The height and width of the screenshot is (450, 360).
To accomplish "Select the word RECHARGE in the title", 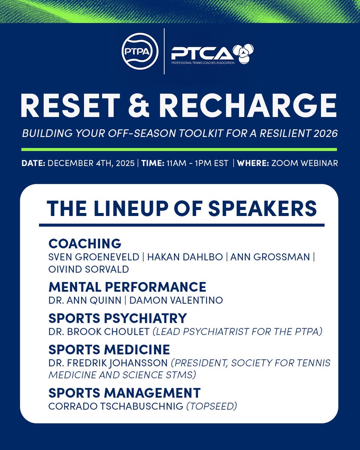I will tap(249, 106).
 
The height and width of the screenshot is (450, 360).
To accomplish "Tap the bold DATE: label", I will tap(34, 164).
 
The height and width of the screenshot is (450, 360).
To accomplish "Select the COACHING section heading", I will tap(85, 243).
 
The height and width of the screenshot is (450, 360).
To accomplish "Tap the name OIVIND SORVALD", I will tap(89, 269).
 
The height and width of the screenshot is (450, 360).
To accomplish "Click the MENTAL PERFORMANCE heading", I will tap(127, 287).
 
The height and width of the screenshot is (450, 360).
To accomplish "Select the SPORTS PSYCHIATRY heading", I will tap(118, 318).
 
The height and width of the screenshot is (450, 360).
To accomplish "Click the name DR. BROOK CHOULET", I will tap(99, 332).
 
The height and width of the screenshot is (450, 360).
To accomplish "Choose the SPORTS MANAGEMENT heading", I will tap(124, 393).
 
